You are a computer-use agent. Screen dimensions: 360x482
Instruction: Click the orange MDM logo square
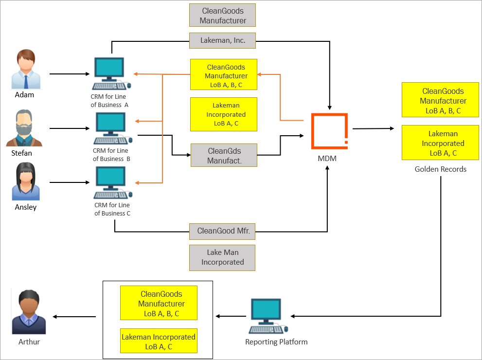(x=329, y=131)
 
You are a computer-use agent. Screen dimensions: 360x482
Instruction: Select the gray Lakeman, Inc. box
(x=222, y=41)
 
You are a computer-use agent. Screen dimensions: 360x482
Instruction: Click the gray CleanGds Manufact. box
(x=224, y=155)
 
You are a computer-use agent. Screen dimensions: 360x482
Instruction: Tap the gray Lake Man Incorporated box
(x=222, y=257)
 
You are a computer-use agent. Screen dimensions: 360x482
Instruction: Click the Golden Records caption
(x=440, y=169)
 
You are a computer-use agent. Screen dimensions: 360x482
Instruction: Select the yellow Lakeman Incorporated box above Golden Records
(x=440, y=143)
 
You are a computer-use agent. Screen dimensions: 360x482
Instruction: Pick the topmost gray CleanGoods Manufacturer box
(x=222, y=15)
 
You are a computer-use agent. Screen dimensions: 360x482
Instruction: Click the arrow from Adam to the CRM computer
(x=70, y=74)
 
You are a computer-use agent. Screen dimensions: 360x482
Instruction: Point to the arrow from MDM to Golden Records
(x=373, y=128)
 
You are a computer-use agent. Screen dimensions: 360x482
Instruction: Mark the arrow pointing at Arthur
(x=74, y=317)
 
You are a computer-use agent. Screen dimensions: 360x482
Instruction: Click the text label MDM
(x=327, y=159)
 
